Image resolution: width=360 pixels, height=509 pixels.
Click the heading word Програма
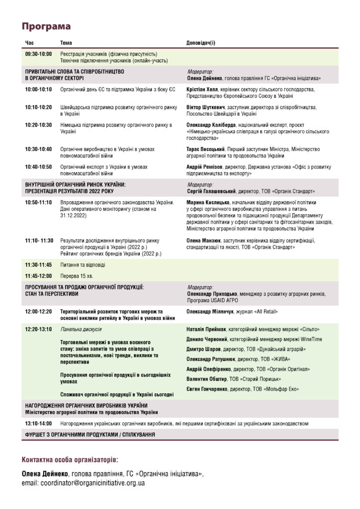coord(46,26)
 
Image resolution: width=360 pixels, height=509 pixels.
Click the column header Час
coord(30,43)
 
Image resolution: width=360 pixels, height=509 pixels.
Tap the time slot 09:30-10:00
coord(38,54)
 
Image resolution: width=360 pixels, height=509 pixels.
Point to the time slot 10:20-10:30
coord(38,125)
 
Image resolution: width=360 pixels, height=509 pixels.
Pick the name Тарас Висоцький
coord(206,149)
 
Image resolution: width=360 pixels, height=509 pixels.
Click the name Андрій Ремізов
coord(204,167)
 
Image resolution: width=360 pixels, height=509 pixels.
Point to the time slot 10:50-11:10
coord(38,203)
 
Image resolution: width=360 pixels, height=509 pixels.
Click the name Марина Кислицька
coord(207,203)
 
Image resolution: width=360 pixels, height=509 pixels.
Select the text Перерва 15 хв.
coord(77,276)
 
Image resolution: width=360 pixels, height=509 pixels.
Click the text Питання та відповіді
coord(83,265)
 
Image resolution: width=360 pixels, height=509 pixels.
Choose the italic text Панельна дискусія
coord(81,329)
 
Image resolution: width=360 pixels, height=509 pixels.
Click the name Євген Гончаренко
coord(207,389)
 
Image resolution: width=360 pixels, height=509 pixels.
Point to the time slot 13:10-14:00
coord(38,424)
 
